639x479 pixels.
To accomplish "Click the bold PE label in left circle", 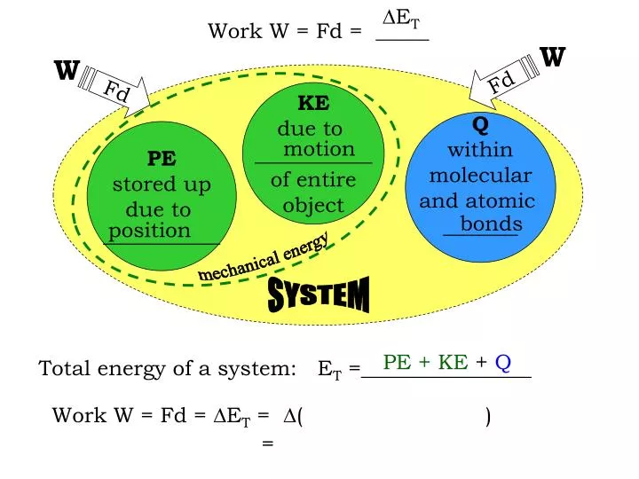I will [x=161, y=159].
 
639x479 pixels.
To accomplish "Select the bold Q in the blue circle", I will [x=480, y=122].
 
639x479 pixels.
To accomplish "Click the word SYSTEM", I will [x=319, y=294].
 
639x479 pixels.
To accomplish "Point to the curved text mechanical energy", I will [x=264, y=256].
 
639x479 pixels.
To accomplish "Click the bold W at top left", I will [x=67, y=70].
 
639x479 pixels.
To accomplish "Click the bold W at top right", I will [x=552, y=58].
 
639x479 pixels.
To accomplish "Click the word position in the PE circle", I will [x=150, y=231].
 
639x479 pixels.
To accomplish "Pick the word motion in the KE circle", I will [x=319, y=149].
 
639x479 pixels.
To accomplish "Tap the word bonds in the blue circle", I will [x=491, y=224].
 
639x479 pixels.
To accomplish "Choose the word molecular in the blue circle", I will [x=479, y=175].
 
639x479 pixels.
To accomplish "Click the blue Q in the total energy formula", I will [x=502, y=362].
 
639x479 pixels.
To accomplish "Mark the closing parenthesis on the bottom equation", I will [x=488, y=415].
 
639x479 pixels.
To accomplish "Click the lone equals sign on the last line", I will [x=268, y=443].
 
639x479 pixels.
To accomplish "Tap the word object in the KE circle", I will [x=312, y=206].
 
